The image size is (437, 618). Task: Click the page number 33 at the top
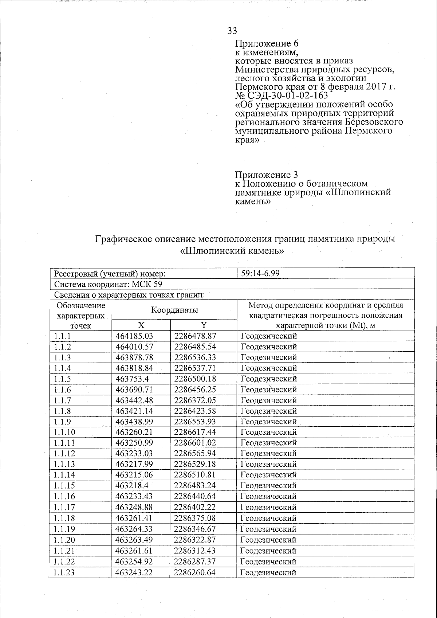click(x=232, y=31)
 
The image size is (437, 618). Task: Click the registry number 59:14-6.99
click(x=260, y=273)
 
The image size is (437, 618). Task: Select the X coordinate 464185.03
click(x=134, y=336)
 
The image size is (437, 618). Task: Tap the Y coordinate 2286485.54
click(x=195, y=346)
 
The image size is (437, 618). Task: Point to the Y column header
click(x=204, y=325)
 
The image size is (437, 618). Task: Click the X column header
click(x=141, y=325)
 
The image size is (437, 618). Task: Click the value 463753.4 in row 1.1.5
click(x=130, y=379)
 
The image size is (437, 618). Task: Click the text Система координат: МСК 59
click(x=111, y=284)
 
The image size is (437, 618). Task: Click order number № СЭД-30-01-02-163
click(x=282, y=95)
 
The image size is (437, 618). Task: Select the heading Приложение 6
click(x=267, y=43)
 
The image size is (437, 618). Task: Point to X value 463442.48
click(x=134, y=400)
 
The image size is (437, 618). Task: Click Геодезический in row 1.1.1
click(x=269, y=336)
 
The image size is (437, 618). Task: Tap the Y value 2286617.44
click(x=195, y=432)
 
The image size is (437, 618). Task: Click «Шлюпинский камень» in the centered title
click(x=232, y=251)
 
